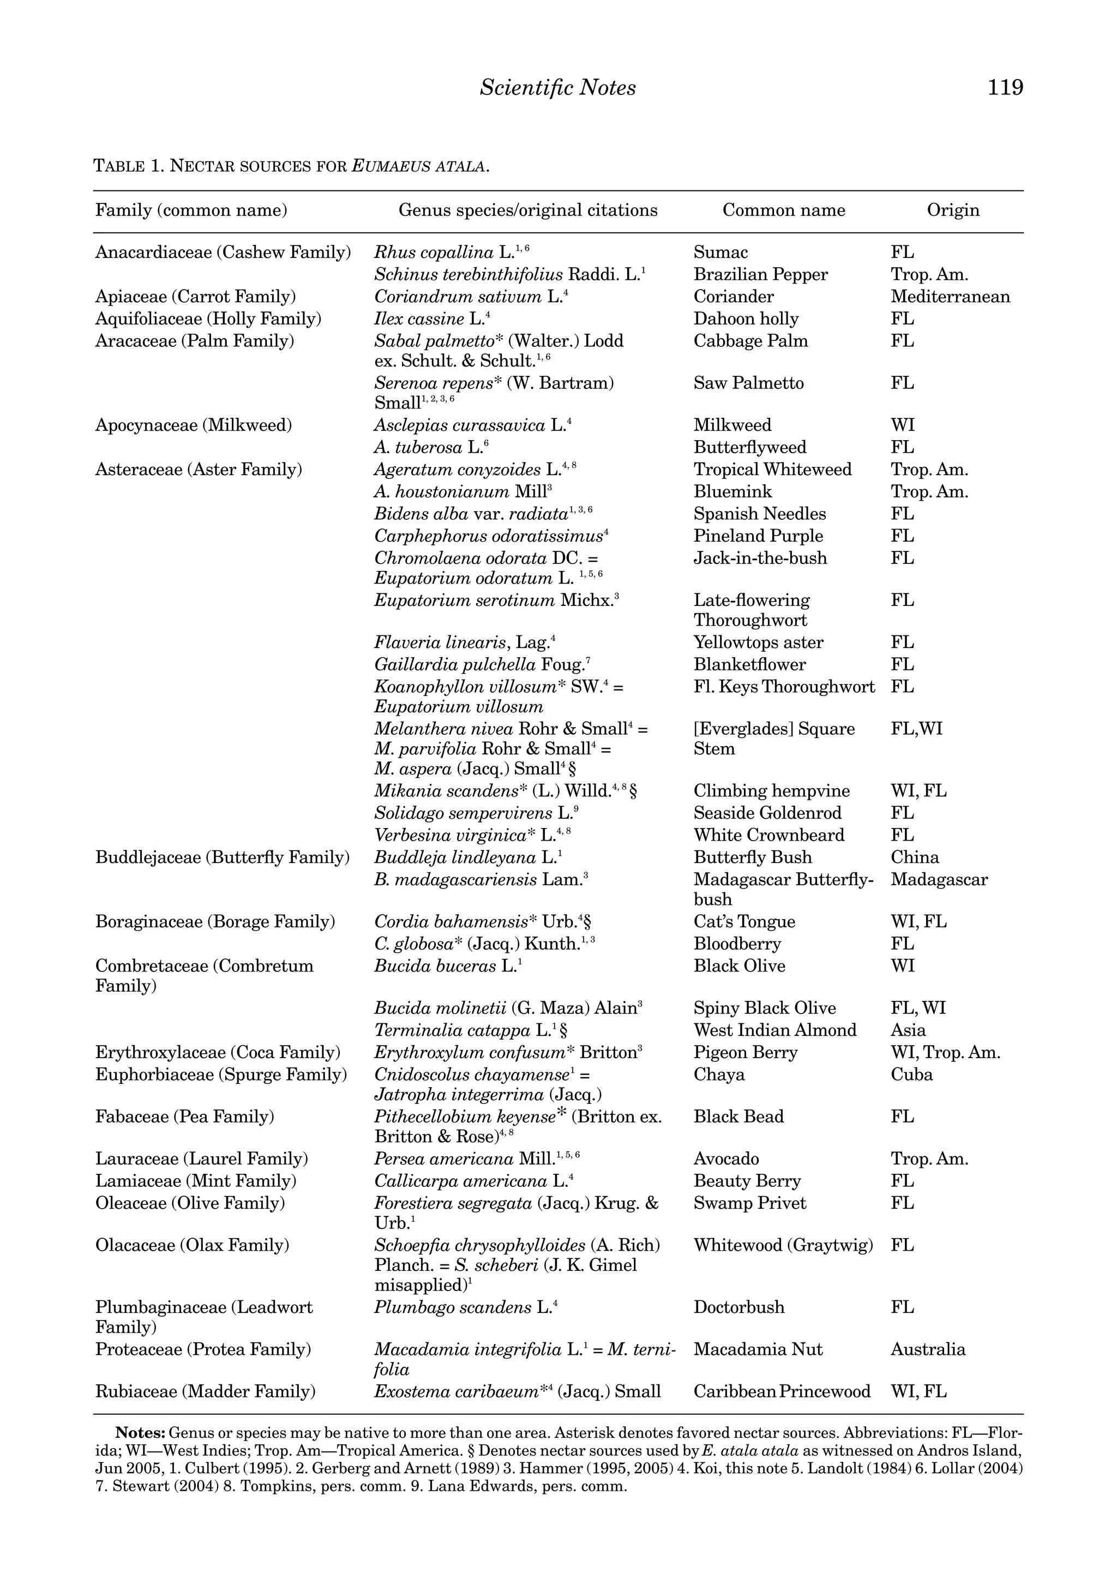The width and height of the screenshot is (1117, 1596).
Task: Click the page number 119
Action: click(x=1005, y=88)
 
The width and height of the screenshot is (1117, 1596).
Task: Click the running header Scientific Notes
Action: click(x=557, y=88)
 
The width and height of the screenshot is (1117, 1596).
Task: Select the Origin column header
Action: click(x=953, y=210)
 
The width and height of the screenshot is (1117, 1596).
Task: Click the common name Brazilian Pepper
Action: click(x=760, y=274)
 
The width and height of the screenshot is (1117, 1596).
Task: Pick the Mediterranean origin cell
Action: click(x=950, y=297)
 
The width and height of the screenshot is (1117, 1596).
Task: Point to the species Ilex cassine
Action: click(x=418, y=319)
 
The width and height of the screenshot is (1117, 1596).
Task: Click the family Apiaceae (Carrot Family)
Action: click(x=195, y=297)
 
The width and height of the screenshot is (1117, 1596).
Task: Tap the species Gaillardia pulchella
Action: click(x=454, y=664)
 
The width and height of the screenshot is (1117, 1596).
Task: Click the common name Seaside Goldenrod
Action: click(x=767, y=813)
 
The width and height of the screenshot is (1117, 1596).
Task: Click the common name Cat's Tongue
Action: click(x=744, y=922)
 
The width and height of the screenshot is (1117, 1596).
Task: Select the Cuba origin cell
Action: click(x=911, y=1075)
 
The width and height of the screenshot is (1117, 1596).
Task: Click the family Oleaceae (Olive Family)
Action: click(x=190, y=1203)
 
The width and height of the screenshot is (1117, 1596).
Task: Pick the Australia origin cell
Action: click(x=927, y=1350)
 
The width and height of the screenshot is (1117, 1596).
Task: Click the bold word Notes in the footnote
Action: click(x=140, y=1433)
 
